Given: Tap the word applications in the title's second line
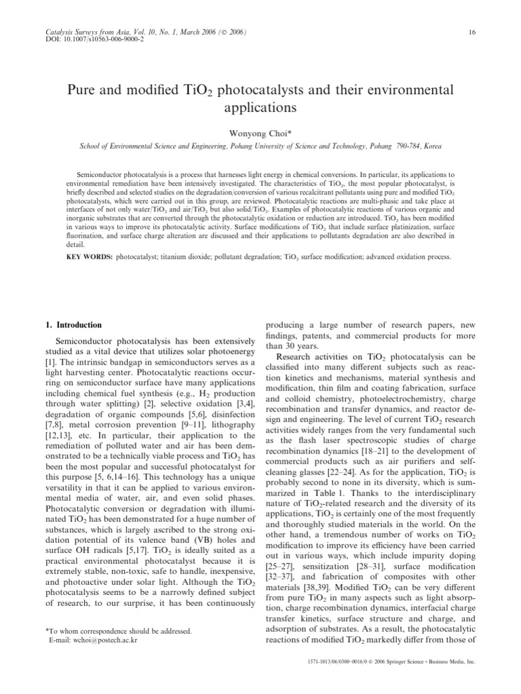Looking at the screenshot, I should coord(260,107).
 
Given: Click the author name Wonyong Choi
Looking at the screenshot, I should coord(260,132).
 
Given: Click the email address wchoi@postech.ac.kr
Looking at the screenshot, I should coord(98,640).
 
